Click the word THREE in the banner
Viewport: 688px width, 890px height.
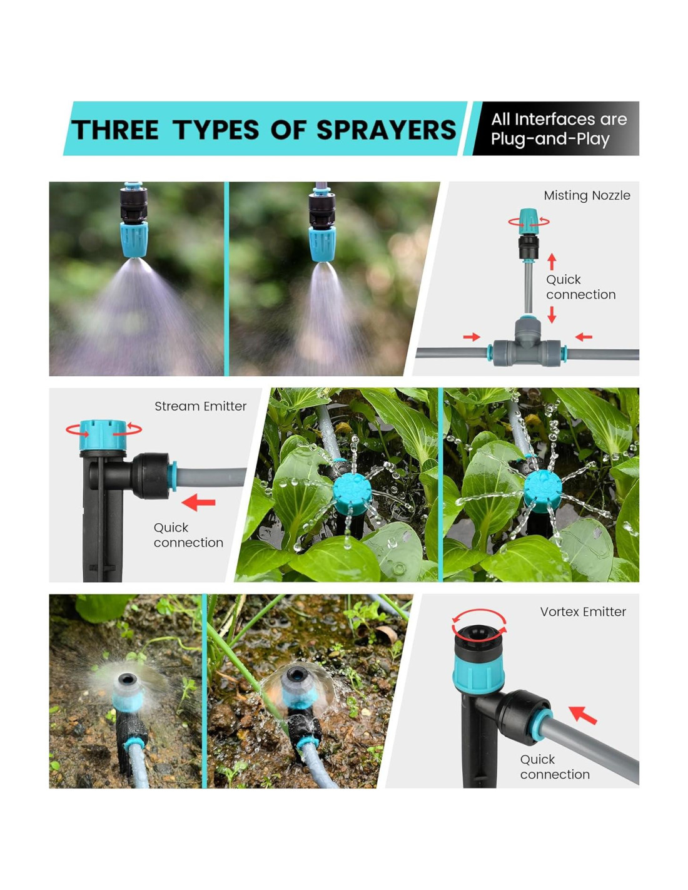[115, 130]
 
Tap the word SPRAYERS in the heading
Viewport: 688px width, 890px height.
[385, 130]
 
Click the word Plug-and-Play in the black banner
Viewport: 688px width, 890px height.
[550, 139]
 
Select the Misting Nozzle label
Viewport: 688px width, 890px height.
[587, 195]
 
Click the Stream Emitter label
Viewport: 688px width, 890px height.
[200, 406]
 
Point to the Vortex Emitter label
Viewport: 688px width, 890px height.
[582, 611]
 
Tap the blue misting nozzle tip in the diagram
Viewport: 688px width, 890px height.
[528, 221]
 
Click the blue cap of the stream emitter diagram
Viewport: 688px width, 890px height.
[103, 434]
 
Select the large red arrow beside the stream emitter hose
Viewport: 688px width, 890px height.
[198, 502]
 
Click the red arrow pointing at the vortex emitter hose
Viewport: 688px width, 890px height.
[583, 715]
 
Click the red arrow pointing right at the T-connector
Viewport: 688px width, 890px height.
[471, 337]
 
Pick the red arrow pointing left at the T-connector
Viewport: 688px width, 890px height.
[583, 337]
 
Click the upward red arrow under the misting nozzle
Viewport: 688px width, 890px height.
[551, 262]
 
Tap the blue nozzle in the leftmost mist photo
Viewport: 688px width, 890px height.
[134, 239]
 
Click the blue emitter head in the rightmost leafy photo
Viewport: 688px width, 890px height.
[543, 491]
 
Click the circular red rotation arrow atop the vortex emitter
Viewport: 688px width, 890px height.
[479, 622]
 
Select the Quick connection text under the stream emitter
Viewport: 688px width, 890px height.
[188, 535]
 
